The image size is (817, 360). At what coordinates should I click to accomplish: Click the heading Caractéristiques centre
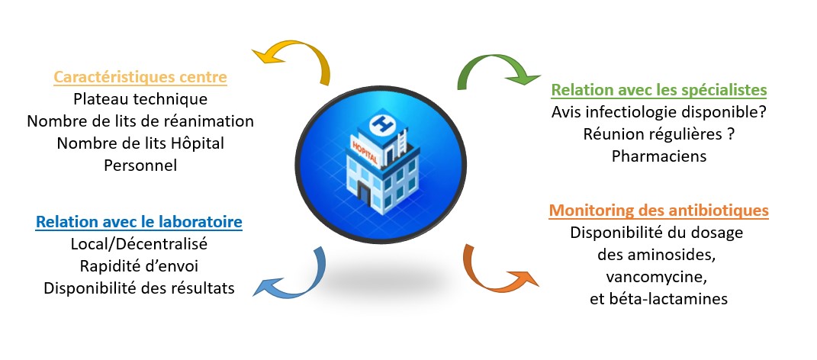[x=140, y=77]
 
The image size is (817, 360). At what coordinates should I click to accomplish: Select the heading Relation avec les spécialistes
[x=659, y=90]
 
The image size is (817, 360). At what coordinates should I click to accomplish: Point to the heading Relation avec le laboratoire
[x=139, y=222]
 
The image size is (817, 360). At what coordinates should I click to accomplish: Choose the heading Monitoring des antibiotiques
[x=658, y=210]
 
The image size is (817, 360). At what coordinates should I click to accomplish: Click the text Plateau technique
[x=140, y=99]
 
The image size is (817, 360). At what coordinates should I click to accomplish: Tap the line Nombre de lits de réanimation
[x=140, y=121]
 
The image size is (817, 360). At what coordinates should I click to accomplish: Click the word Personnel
[x=140, y=165]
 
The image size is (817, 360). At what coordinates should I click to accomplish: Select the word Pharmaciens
[x=659, y=156]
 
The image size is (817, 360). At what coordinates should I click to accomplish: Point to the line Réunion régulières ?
[x=659, y=134]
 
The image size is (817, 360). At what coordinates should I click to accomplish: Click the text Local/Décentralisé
[x=139, y=244]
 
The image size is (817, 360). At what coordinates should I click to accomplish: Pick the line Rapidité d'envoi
[x=139, y=266]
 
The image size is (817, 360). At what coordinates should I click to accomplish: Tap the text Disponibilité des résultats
[x=139, y=288]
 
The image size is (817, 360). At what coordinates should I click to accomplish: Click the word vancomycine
[x=658, y=276]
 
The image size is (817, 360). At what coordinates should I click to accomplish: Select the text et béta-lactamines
[x=658, y=298]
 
